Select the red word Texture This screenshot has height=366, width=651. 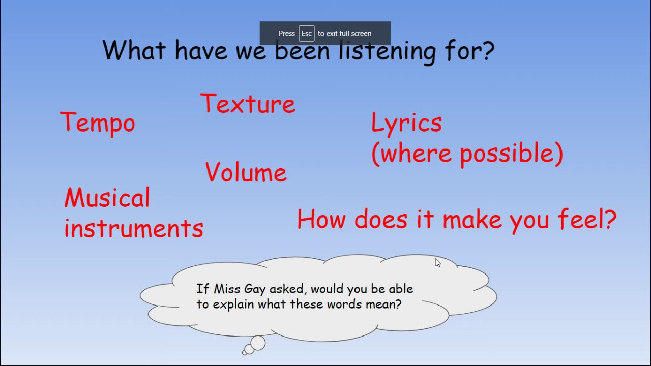tap(248, 103)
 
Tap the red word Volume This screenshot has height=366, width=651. tap(246, 172)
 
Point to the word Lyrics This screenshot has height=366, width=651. tap(406, 123)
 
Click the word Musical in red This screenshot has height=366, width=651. tap(107, 197)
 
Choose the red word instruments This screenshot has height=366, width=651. tap(134, 228)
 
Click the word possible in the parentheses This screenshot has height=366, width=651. tap(508, 154)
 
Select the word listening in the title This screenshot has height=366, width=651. tap(388, 52)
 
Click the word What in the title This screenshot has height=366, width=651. tap(134, 50)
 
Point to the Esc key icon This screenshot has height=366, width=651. tap(306, 33)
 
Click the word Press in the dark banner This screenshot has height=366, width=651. tap(286, 34)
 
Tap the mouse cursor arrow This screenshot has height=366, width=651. tap(437, 263)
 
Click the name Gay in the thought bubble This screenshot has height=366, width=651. tap(255, 289)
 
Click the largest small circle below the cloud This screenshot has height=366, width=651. tap(258, 343)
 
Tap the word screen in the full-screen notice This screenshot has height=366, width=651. tap(361, 34)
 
